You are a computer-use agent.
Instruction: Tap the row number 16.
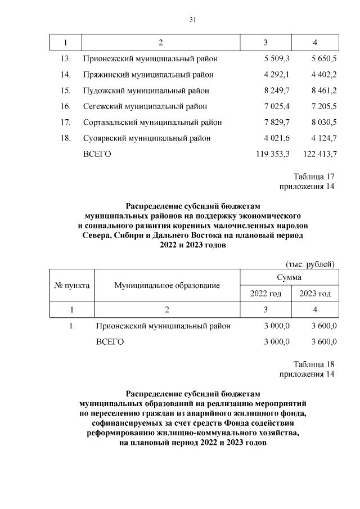[x=65, y=106]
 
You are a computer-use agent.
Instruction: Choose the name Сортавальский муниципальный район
[x=152, y=122]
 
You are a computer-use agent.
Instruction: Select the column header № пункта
[x=72, y=285]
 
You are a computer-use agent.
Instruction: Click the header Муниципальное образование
[x=167, y=286]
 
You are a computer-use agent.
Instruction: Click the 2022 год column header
[x=265, y=294]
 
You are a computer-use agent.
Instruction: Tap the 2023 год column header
[x=315, y=294]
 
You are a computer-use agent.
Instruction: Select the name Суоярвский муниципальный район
[x=147, y=138]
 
